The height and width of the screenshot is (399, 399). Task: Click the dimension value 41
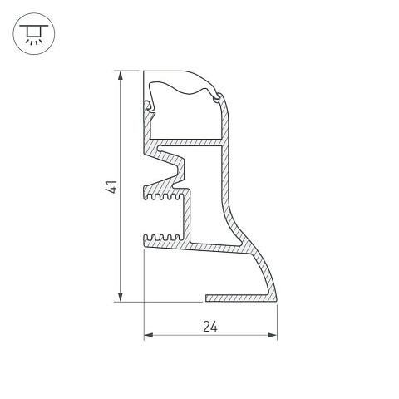point(111,186)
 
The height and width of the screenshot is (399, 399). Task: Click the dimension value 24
point(210,327)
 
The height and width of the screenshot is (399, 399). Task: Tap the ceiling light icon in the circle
point(34,34)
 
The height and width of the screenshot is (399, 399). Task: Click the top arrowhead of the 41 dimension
point(121,76)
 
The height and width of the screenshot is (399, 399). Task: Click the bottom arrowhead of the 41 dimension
point(121,297)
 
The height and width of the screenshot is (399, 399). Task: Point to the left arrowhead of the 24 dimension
point(149,335)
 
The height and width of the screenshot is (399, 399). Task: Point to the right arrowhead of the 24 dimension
point(273,335)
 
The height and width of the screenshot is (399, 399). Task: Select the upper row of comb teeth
point(164,196)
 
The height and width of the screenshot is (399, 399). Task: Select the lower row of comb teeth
point(162,238)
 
